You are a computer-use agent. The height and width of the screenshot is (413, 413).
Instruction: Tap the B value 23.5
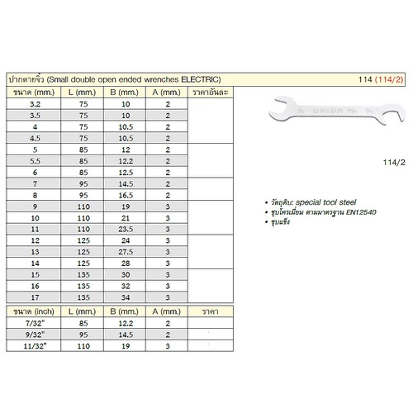(127, 228)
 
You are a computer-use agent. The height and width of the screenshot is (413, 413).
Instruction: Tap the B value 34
(127, 296)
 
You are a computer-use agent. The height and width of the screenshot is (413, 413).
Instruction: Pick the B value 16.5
(127, 195)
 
